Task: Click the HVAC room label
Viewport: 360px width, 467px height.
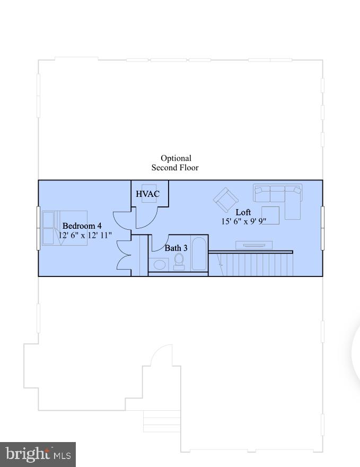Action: coord(147,194)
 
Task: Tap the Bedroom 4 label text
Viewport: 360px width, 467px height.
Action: coord(82,226)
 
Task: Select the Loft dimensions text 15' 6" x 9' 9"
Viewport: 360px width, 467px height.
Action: coord(243,222)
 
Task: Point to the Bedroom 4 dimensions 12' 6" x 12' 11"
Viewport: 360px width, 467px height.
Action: coord(85,235)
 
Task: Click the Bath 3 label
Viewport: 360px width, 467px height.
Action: coord(175,248)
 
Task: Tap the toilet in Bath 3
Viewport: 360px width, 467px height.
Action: coord(179,262)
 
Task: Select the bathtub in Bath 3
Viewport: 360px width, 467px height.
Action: coord(199,255)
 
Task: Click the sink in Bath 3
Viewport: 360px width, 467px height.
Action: coord(158,264)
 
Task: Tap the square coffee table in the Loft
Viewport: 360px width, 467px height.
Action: coord(270,215)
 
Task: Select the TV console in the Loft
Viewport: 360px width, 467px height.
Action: coord(253,245)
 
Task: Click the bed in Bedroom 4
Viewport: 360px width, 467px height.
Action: coord(57,228)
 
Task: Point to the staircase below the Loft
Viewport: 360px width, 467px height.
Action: coord(254,264)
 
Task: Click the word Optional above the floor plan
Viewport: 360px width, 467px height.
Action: coord(176,158)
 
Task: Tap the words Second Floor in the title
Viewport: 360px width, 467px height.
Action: coord(175,168)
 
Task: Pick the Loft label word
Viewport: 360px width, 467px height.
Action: coord(243,212)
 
